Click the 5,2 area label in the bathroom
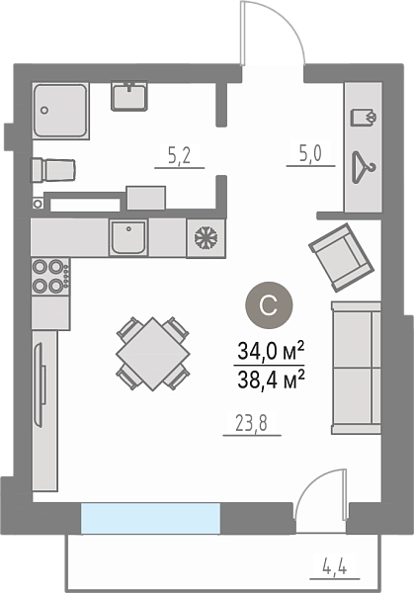[179, 155]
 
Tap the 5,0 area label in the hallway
[311, 154]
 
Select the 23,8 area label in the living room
[251, 424]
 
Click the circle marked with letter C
[269, 305]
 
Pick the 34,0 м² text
[271, 352]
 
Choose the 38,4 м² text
[271, 379]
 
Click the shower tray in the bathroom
[60, 111]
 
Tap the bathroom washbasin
[129, 97]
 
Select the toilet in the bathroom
[53, 171]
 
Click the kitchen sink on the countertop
[128, 238]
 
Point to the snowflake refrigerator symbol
[206, 238]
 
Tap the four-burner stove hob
[50, 277]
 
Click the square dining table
[153, 354]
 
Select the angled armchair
[342, 257]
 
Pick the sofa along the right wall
[356, 368]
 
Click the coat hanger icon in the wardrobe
[364, 168]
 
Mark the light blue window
[150, 517]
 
